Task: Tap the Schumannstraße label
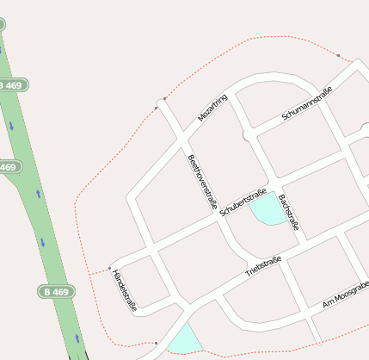point(306,108)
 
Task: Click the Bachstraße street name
point(289,212)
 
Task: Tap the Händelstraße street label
point(125,290)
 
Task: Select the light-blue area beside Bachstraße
point(268,209)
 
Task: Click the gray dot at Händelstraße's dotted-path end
point(110,268)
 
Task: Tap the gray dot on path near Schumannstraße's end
point(338,56)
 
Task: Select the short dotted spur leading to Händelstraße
point(99,271)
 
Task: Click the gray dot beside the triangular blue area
point(156,343)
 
